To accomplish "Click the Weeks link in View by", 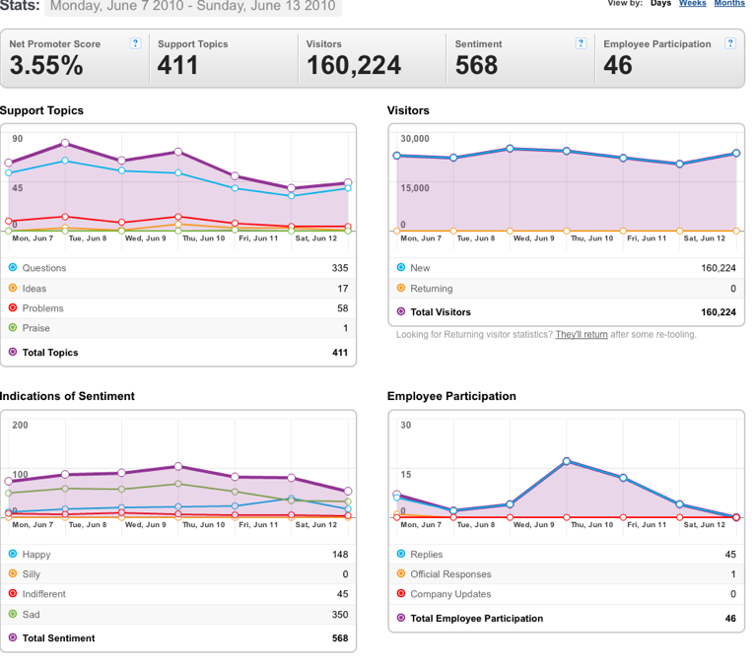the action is point(693,3).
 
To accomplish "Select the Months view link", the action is point(729,3).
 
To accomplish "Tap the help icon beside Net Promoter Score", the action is point(136,43).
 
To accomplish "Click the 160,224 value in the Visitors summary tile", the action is point(354,65).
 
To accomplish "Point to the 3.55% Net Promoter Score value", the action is point(46,65).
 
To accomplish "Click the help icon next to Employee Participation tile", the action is point(730,43).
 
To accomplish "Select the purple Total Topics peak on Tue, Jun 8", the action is point(65,143).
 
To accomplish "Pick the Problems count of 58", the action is point(342,308).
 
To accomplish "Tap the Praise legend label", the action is point(36,328).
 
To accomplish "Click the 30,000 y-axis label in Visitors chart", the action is point(415,138).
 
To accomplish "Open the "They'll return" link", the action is point(582,334).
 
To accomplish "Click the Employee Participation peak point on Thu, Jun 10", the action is point(567,461).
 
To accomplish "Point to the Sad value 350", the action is point(340,614).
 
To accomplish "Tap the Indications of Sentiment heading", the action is point(67,396).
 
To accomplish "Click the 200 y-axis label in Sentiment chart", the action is point(20,425).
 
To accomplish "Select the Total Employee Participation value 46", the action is point(730,618).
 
